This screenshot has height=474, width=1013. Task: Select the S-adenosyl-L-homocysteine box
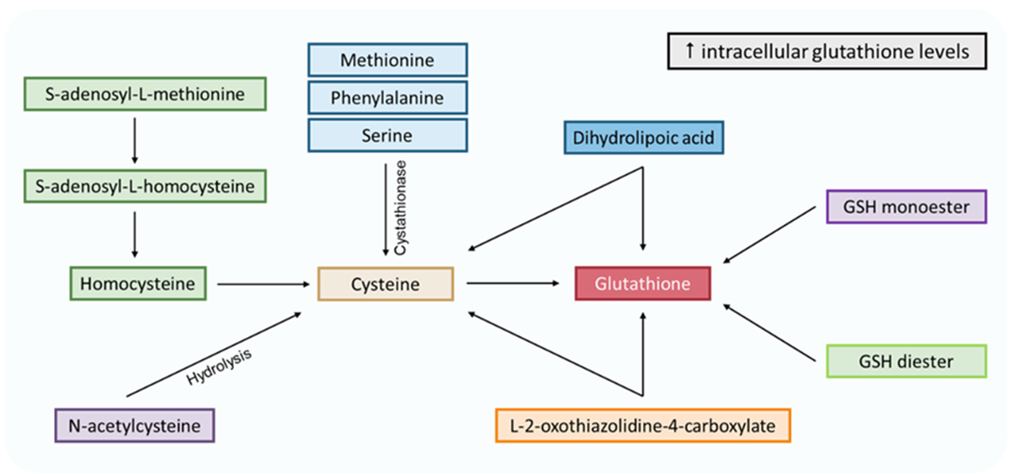145,186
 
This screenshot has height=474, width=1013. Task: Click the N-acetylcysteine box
135,426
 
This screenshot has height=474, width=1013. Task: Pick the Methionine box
387,60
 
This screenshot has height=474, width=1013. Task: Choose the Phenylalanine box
387,98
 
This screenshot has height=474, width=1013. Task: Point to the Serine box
387,136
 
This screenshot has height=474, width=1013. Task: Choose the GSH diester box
906,362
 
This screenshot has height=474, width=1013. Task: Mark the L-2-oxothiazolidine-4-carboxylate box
643,426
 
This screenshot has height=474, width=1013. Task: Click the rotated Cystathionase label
400,208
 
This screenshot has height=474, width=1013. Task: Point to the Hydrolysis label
219,367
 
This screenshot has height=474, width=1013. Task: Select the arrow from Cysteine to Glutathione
512,283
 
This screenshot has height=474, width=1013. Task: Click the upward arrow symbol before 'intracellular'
689,51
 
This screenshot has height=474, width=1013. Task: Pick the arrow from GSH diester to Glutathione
770,333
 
